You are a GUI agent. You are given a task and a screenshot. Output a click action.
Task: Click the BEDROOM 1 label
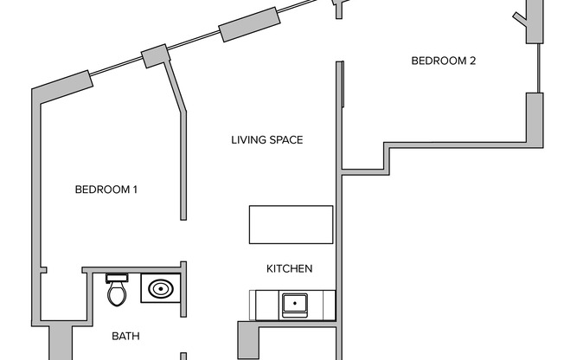[106, 190]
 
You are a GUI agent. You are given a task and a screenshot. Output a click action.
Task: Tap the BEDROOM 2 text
[443, 61]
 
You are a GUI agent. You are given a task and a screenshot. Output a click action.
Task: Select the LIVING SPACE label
[266, 139]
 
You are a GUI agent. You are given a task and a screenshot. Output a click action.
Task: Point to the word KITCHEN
[289, 269]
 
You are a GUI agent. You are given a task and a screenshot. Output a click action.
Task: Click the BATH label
[125, 336]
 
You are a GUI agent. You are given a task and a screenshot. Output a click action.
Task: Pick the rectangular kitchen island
[291, 225]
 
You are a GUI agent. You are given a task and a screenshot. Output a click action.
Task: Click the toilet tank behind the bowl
[118, 278]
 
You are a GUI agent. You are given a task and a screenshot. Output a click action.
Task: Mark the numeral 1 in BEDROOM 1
[136, 190]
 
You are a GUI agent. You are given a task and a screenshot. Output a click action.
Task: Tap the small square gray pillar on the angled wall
[153, 56]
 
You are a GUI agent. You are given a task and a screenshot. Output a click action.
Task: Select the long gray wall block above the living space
[250, 25]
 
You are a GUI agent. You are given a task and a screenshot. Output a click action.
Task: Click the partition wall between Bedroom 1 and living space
[183, 164]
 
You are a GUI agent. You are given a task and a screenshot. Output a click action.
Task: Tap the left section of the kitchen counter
[264, 304]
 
